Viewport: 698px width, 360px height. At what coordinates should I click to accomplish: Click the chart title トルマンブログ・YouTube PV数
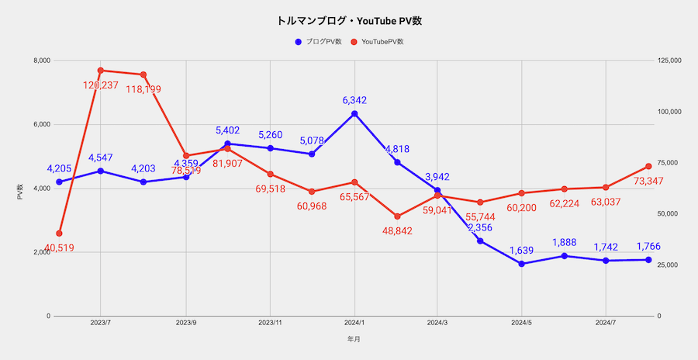(348, 21)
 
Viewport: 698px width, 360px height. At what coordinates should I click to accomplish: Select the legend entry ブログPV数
(320, 41)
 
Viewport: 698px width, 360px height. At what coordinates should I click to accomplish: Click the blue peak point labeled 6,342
(354, 114)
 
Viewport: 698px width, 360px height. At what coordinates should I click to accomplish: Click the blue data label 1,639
(522, 250)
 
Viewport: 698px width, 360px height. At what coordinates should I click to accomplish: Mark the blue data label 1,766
(649, 247)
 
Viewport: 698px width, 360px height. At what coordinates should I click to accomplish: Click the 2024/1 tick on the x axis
(354, 321)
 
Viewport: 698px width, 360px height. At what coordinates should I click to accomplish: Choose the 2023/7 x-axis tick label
(101, 321)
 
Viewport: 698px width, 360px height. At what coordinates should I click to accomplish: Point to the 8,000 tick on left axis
(40, 61)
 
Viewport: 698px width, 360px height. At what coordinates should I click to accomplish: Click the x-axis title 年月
(354, 339)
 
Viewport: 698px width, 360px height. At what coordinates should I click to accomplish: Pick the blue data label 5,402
(229, 130)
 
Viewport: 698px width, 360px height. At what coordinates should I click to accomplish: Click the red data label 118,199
(143, 88)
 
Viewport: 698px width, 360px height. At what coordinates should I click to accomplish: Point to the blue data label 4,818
(397, 149)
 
